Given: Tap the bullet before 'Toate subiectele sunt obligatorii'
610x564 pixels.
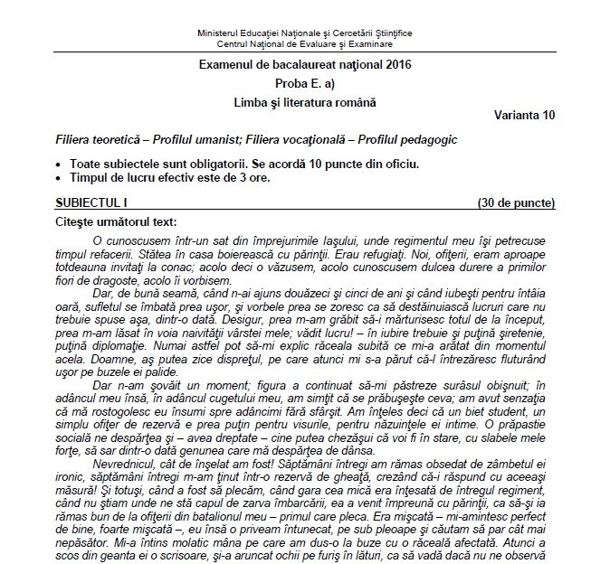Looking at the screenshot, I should coord(59,165).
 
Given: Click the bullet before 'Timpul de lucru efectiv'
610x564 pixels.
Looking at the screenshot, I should coord(59,178).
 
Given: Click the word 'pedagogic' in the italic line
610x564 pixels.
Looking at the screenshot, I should coord(430,141).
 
